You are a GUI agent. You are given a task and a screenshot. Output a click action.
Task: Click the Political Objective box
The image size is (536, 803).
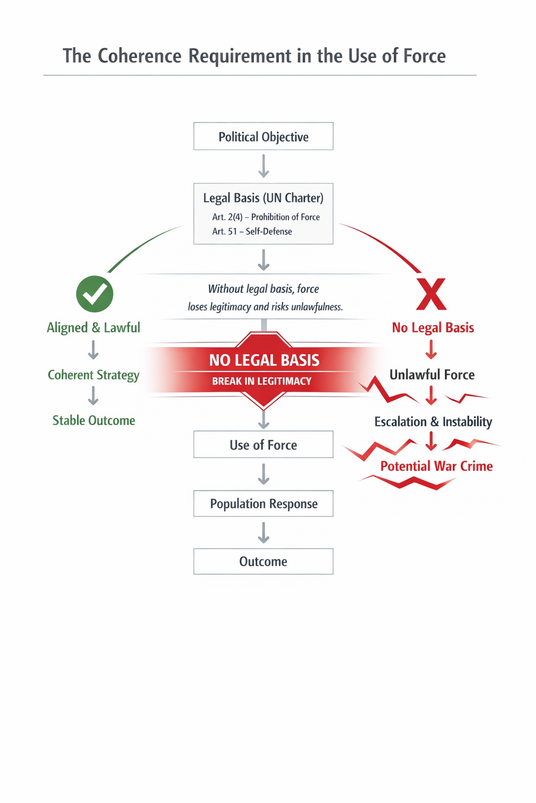coord(263,136)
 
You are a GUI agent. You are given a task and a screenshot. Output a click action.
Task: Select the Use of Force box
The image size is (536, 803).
coord(263,444)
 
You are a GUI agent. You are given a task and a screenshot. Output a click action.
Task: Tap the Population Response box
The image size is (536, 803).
coord(263,503)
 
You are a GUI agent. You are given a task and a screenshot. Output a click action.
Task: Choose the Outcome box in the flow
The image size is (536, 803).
coord(263,561)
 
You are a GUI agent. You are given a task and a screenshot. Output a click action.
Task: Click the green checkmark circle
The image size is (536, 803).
coord(95,294)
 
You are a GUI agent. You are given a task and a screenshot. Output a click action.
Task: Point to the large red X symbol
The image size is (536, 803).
coord(431,294)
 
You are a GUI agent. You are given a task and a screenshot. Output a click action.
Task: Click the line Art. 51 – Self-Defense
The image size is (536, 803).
coord(252,231)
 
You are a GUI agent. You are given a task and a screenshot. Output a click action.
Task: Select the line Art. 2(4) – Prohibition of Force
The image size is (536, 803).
coord(265,217)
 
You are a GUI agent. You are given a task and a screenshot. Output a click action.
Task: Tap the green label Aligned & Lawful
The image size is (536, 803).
coord(94,328)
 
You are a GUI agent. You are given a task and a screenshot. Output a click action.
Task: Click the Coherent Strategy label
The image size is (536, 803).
coord(94,375)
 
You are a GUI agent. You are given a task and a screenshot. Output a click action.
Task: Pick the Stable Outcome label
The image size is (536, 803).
coord(94,420)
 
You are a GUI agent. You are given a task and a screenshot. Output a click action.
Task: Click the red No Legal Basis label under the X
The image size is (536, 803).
coord(433,328)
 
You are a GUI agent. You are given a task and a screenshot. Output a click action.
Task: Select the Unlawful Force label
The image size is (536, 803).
coord(432,375)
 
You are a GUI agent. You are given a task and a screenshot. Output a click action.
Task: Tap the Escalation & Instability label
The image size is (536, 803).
coord(433,421)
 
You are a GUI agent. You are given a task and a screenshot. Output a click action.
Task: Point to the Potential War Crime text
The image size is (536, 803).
coord(436,466)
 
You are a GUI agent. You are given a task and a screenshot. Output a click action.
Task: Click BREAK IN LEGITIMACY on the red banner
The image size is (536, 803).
coord(262,381)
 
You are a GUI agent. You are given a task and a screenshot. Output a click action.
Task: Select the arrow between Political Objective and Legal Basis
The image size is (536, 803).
coord(264,166)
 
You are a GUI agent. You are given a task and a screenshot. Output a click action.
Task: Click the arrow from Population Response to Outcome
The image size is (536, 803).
coord(264,533)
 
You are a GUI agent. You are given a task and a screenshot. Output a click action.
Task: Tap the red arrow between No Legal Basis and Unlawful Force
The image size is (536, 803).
coord(431,350)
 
